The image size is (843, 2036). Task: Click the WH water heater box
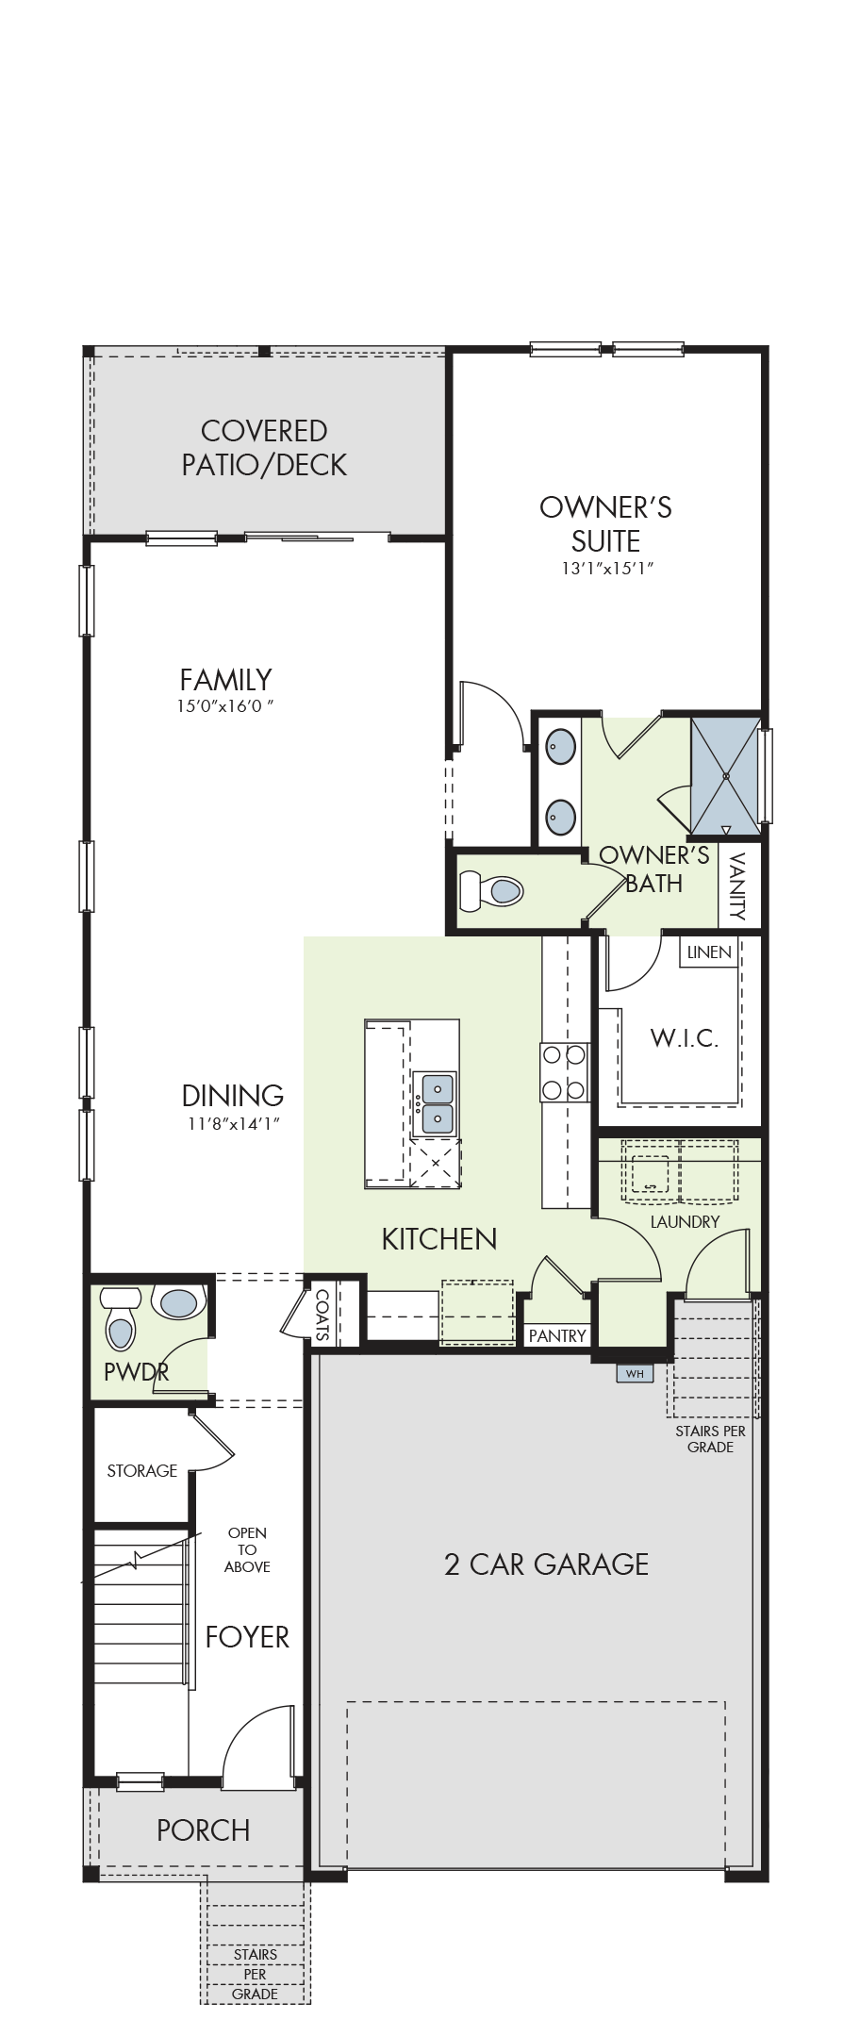[x=634, y=1373]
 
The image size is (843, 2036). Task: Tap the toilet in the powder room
[x=121, y=1321]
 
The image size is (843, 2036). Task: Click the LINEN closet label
[x=709, y=952]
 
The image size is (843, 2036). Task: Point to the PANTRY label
[x=557, y=1335]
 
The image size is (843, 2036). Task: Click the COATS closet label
[x=322, y=1316]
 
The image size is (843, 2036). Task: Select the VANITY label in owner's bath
[x=737, y=886]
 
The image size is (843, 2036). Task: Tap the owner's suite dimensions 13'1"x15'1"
[x=605, y=569]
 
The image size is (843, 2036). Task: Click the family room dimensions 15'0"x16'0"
[x=226, y=706]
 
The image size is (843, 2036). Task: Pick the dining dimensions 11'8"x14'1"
[x=232, y=1123]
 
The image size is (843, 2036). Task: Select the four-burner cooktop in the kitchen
[x=564, y=1072]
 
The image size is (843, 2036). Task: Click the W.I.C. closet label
[x=684, y=1038]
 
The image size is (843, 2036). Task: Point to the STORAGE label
[x=142, y=1470]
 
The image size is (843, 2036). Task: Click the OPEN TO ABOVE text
[x=247, y=1549]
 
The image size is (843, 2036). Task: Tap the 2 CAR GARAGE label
[x=546, y=1564]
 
